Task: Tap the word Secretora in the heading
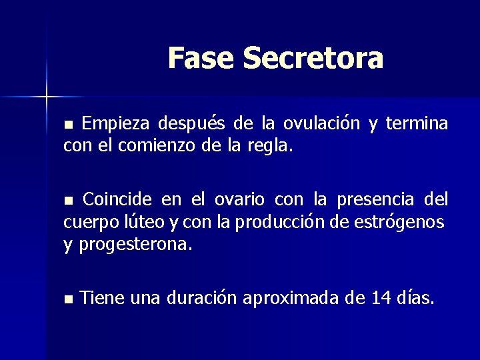tap(313, 58)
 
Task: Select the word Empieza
tap(116, 123)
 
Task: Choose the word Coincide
tap(118, 199)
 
